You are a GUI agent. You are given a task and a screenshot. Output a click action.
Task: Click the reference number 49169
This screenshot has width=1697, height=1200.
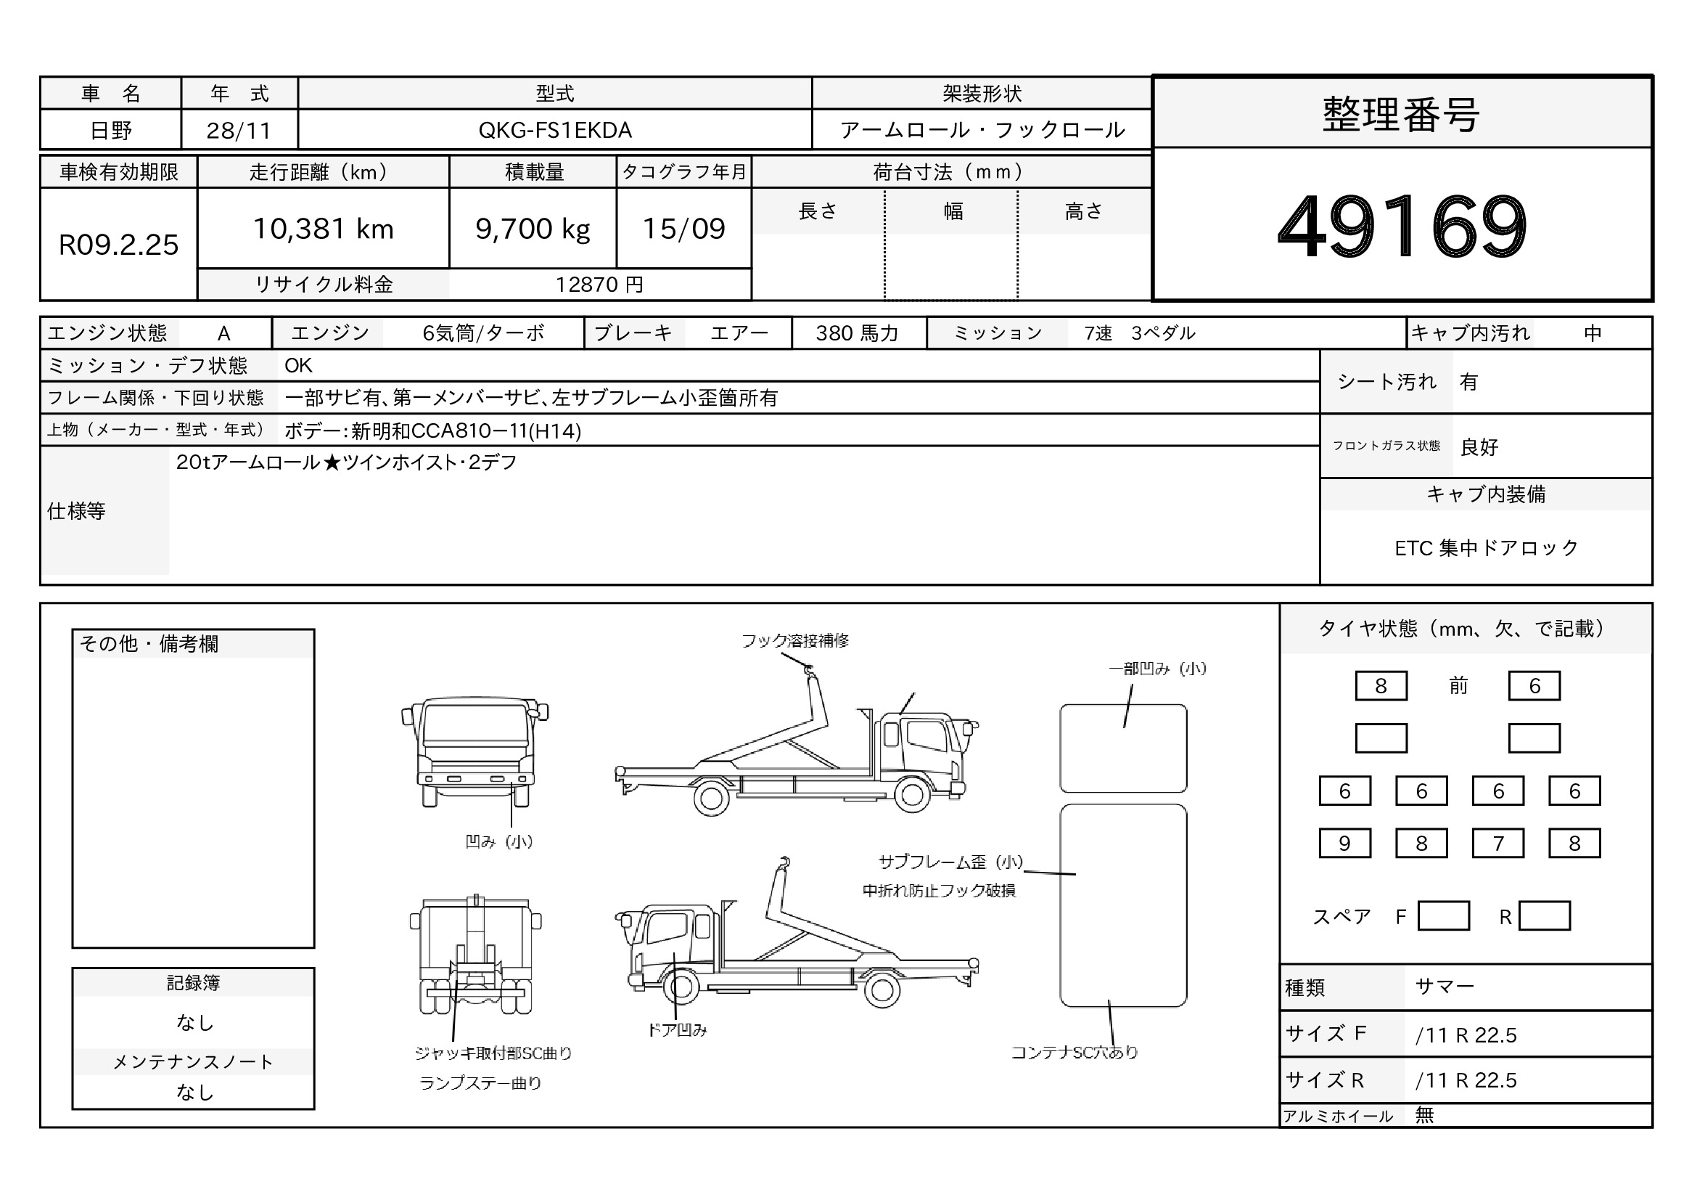tap(1402, 226)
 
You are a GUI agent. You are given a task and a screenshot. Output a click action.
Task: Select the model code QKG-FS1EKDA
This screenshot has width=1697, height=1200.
tap(555, 130)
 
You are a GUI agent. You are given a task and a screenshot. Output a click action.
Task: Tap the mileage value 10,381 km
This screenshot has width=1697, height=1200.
tap(324, 229)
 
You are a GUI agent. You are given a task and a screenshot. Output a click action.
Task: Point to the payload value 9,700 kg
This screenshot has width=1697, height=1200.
tap(533, 229)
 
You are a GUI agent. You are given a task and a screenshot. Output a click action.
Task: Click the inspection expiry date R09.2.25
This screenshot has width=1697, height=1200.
tap(118, 245)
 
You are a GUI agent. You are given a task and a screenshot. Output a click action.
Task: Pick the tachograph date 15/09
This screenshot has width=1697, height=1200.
tap(683, 229)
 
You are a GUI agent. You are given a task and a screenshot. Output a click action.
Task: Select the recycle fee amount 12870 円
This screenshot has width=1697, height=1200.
tap(599, 285)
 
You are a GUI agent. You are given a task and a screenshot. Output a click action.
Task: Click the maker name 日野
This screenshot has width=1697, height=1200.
tap(111, 130)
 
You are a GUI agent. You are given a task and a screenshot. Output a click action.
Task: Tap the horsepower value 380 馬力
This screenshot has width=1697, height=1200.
tap(858, 333)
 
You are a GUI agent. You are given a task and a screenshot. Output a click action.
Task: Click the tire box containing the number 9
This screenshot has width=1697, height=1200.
tap(1344, 843)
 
